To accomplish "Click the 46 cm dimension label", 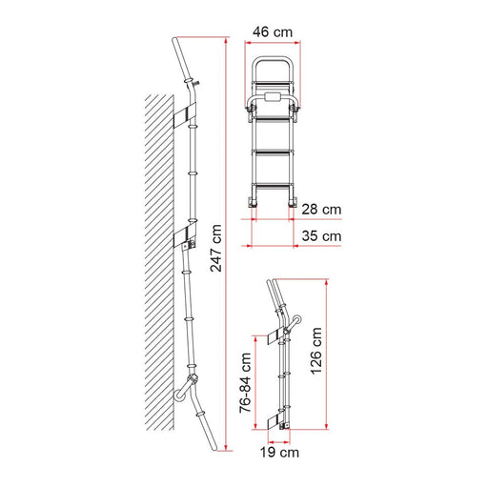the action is (273, 32).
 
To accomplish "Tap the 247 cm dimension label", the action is (216, 248).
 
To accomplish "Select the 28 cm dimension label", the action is (321, 210).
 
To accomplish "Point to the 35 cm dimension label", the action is (321, 236).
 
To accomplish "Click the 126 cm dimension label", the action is (316, 352).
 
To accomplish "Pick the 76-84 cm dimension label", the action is (245, 383).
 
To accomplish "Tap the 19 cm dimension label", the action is (279, 453).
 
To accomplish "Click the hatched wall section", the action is (159, 262).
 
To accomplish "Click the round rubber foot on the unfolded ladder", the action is (180, 396).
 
